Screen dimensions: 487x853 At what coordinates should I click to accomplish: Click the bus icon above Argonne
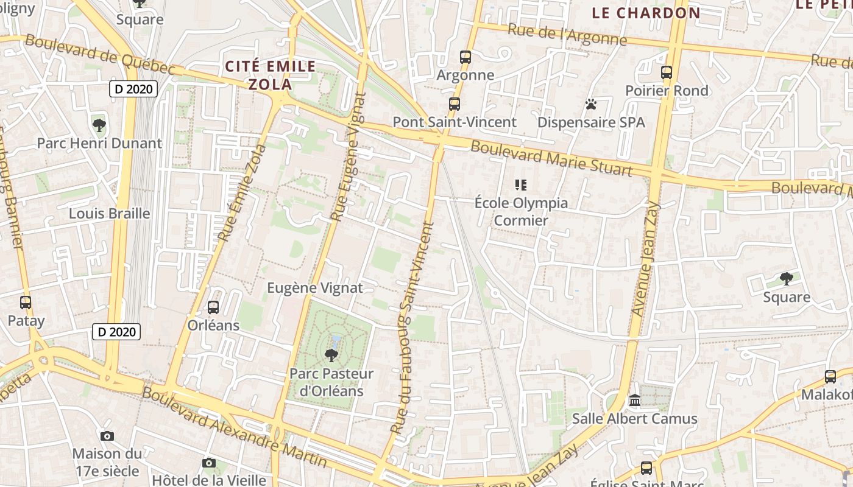coord(465,57)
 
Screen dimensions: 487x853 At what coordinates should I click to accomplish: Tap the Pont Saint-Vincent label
coord(455,122)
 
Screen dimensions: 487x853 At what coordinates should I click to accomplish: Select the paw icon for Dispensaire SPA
coord(590,104)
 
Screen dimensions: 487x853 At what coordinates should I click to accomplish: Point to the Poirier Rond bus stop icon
coord(666,72)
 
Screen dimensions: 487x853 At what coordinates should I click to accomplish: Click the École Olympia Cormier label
coord(521,211)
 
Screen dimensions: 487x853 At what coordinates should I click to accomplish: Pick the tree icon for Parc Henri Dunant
coord(99,125)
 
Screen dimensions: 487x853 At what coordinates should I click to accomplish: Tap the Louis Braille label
coord(109,213)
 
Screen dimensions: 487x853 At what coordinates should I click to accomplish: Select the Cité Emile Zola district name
coord(271,75)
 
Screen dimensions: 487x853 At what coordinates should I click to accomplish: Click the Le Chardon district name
coord(646,13)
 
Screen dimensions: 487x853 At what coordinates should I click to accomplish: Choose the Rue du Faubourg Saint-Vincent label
coord(412,329)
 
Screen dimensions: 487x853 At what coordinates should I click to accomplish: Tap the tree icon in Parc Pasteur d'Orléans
coord(331,355)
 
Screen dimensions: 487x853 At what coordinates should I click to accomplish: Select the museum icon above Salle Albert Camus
coord(634,401)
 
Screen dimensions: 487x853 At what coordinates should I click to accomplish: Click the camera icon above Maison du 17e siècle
coord(107,436)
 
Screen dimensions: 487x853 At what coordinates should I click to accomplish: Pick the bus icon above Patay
coord(26,302)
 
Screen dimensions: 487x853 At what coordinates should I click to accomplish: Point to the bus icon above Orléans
coord(213,307)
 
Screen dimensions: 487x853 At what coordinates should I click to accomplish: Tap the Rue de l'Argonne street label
coord(567,35)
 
